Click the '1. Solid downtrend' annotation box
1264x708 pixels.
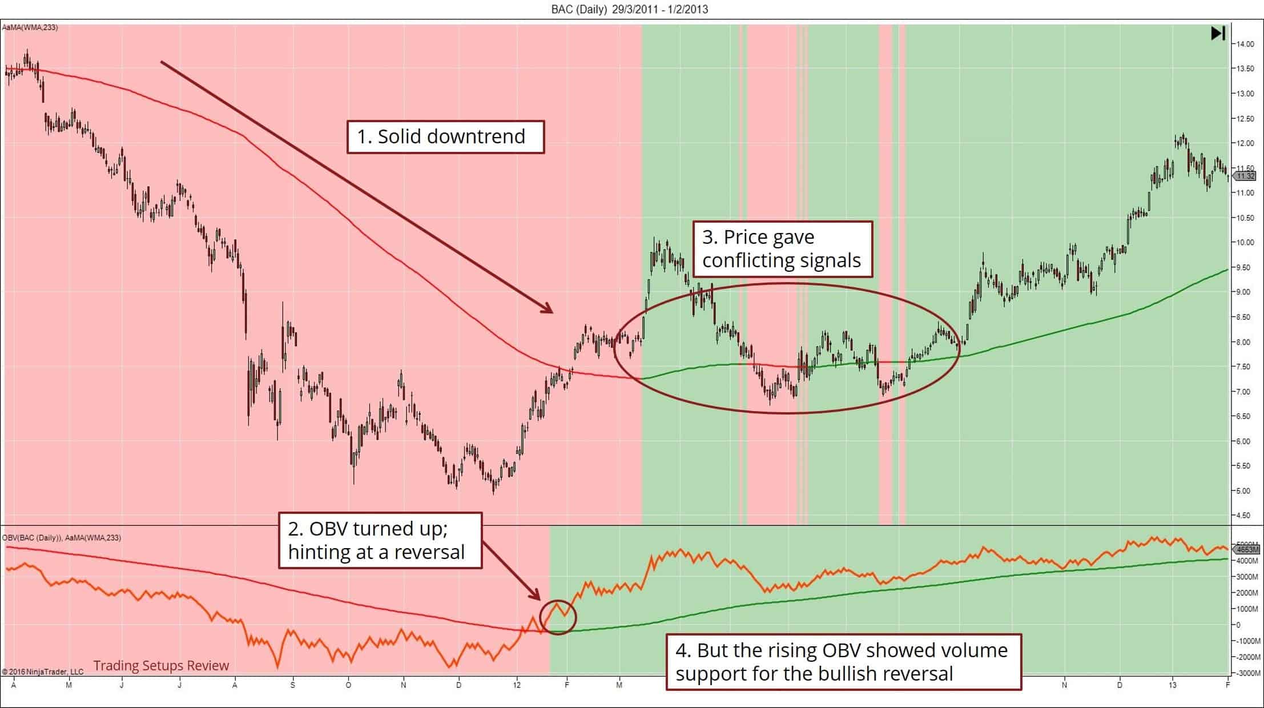coord(445,136)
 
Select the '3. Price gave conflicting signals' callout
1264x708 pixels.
coord(782,249)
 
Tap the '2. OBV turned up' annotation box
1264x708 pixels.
coord(380,540)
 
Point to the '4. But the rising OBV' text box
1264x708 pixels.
coord(843,662)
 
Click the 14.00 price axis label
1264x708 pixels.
coord(1246,44)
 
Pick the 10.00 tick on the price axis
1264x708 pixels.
coord(1246,242)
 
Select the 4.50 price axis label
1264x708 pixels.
coord(1246,515)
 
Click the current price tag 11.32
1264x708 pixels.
coord(1246,176)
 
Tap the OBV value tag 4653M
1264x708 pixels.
coord(1247,549)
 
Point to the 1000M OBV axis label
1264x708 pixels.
coord(1246,609)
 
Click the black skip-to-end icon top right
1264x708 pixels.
coord(1218,33)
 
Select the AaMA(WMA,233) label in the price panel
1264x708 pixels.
coord(30,27)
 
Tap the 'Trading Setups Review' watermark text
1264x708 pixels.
coord(161,666)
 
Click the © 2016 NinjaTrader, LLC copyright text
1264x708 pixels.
coord(43,671)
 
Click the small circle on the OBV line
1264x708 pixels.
coord(558,617)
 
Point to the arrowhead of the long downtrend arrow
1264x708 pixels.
coord(548,309)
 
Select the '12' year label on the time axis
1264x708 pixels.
coord(517,685)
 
